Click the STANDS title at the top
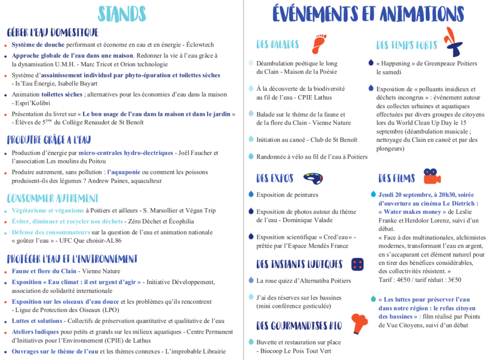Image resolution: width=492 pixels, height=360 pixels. click(x=122, y=14)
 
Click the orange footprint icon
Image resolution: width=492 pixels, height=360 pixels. click(x=319, y=44)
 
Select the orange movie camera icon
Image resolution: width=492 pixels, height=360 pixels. click(x=432, y=176)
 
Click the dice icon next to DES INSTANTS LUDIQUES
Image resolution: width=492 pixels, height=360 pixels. click(x=357, y=263)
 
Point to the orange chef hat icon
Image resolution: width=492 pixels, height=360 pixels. click(x=360, y=323)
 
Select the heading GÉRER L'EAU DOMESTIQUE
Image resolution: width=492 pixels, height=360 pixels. click(x=53, y=32)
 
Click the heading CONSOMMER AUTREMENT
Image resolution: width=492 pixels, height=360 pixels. click(x=53, y=198)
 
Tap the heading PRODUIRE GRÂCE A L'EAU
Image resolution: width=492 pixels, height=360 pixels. click(x=49, y=140)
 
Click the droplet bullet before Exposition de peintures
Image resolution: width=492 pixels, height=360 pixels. click(x=251, y=194)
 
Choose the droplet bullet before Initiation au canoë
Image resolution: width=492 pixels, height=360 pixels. click(x=251, y=139)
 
